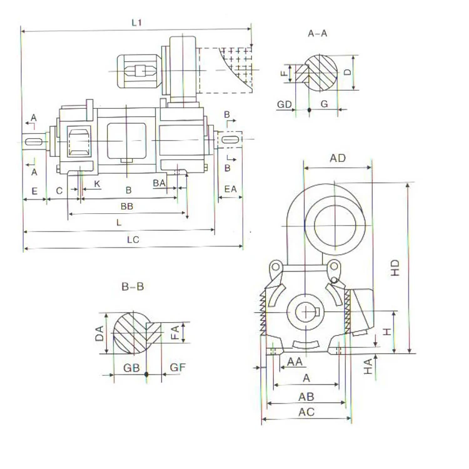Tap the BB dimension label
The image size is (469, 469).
click(x=127, y=205)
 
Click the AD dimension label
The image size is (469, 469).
click(x=338, y=158)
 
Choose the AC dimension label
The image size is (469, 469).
click(x=306, y=412)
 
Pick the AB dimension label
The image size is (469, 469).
click(x=306, y=396)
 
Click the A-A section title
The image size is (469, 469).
click(x=318, y=33)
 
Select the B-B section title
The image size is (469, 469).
click(x=133, y=287)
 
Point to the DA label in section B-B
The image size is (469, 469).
click(x=99, y=333)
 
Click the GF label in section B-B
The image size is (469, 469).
click(x=178, y=368)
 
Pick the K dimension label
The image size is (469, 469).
click(x=97, y=183)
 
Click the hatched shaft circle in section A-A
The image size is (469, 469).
click(x=321, y=72)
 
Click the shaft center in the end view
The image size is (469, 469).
click(x=306, y=312)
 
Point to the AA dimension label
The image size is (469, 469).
click(x=295, y=361)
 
